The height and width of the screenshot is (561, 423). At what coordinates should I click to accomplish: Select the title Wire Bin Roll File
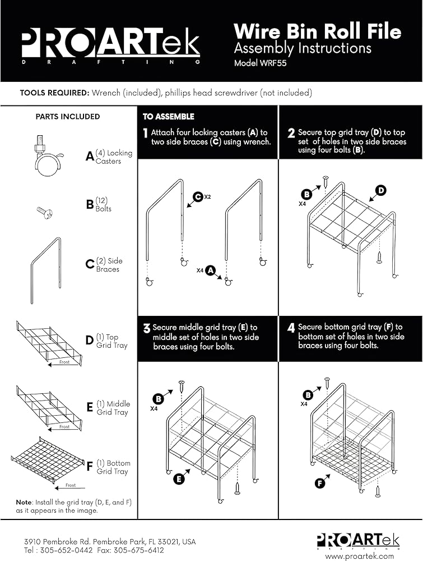click(x=317, y=31)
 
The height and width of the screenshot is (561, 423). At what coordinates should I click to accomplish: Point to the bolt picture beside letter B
click(x=44, y=212)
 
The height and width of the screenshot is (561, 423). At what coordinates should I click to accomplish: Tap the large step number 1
click(x=145, y=134)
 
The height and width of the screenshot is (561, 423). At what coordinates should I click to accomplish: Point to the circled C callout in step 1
click(x=198, y=197)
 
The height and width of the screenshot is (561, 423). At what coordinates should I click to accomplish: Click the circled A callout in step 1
click(x=211, y=270)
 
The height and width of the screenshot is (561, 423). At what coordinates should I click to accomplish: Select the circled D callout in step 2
click(x=381, y=191)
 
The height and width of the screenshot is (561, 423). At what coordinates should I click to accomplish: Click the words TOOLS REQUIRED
click(x=54, y=93)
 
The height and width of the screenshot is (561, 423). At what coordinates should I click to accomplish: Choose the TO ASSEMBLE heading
click(x=168, y=117)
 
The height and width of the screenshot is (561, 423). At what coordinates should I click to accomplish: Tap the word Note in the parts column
click(x=24, y=502)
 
